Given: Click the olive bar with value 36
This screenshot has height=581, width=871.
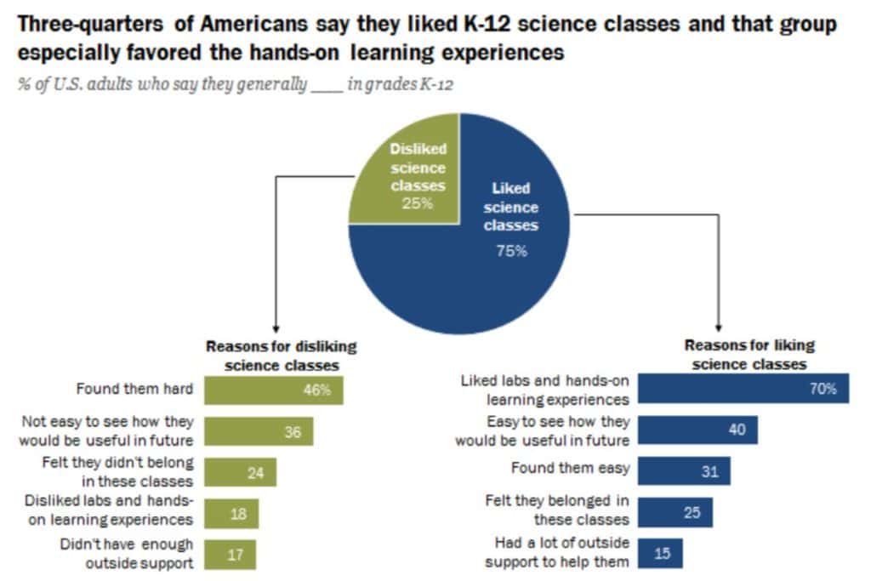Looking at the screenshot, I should pos(259,431).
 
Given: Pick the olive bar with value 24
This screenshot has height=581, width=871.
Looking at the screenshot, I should pos(241,473).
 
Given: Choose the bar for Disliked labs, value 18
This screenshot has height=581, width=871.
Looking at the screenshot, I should pos(231,514).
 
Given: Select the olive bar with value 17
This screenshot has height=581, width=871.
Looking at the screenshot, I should pos(231,554).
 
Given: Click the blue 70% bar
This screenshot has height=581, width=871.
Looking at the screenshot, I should pos(743,389).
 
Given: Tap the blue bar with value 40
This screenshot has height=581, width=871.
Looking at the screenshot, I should pos(697,430).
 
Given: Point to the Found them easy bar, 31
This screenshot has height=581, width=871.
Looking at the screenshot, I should pos(684,470).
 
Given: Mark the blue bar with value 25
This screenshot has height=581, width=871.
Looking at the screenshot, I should pos(675,512).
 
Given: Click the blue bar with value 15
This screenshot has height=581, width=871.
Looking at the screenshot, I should pos(660,553).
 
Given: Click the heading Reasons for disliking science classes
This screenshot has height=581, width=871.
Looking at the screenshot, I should pos(282,356).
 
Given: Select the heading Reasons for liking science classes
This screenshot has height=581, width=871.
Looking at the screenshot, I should pos(749,354).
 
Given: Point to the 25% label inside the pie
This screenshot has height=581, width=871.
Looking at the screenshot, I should pos(418,203).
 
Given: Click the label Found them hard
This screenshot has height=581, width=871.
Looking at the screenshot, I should pos(135,390).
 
